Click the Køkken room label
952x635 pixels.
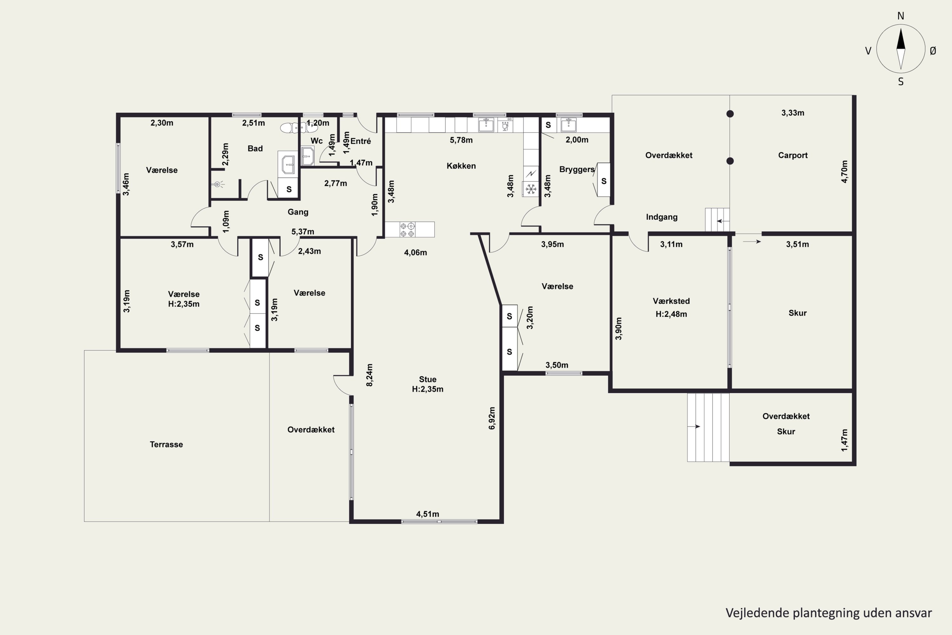(x=461, y=166)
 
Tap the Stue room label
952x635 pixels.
(x=427, y=379)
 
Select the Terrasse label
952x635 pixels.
(x=166, y=444)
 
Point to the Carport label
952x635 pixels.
(x=792, y=155)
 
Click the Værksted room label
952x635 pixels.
(x=671, y=301)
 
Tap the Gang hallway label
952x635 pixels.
(x=298, y=212)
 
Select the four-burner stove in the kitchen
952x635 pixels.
(x=407, y=230)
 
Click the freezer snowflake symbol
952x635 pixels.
(x=531, y=189)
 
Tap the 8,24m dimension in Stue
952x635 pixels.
(x=369, y=375)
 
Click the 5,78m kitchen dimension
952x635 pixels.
(x=461, y=140)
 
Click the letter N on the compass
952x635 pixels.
(x=901, y=16)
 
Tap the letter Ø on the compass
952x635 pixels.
(x=933, y=50)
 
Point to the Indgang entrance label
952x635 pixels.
(x=661, y=217)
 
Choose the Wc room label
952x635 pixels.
(x=316, y=141)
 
